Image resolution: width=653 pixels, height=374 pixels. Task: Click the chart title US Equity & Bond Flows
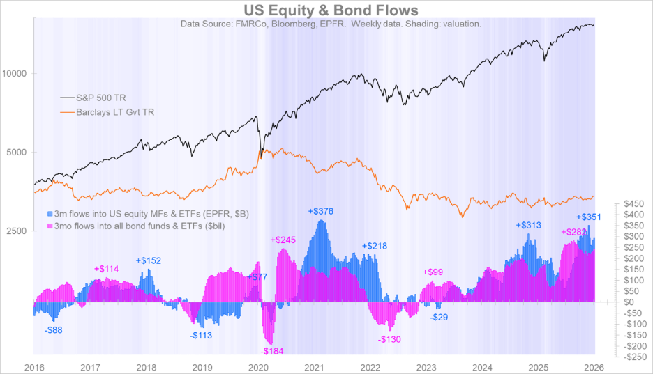tap(331, 10)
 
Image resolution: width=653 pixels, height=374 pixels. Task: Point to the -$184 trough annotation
tap(271, 351)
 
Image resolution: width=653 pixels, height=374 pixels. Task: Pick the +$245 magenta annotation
tap(283, 240)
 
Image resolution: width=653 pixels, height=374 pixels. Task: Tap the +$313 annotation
tap(529, 225)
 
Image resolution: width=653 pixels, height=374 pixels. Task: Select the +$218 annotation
tap(374, 246)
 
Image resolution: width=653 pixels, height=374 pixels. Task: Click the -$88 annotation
tap(53, 329)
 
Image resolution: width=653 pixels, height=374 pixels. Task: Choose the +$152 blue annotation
tap(148, 260)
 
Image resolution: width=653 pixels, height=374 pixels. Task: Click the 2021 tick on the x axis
tap(315, 366)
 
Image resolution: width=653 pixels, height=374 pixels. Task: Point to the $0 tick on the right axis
tap(629, 302)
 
